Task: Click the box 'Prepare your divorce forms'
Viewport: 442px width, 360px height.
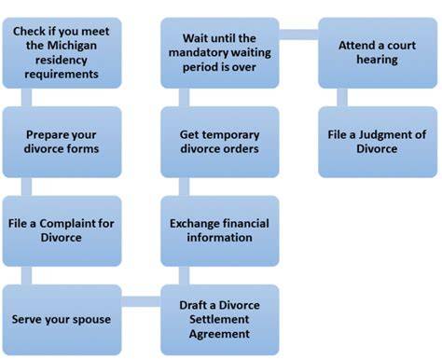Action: coord(62,142)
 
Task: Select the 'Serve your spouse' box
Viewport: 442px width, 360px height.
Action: coord(62,320)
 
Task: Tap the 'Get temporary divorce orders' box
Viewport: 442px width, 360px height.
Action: coord(220,142)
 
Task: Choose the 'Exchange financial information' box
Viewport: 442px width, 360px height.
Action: coord(220,231)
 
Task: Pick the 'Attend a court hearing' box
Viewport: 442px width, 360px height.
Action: coord(378,53)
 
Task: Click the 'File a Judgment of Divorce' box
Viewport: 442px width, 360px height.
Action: coord(378,142)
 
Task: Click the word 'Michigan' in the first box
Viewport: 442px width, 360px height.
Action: coord(73,46)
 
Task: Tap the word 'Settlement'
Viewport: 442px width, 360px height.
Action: coord(219,319)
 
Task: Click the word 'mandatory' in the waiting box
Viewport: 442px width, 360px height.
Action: coord(199,53)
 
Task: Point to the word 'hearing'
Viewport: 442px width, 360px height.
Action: coord(377,60)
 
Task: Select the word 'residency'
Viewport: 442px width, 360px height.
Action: coord(62,61)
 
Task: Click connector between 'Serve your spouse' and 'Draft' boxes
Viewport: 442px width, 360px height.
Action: coord(141,301)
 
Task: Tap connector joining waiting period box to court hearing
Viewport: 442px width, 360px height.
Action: coord(298,35)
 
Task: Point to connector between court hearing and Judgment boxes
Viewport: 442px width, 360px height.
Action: coord(342,98)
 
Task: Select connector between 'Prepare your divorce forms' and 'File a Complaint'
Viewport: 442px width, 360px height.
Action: coord(26,187)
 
